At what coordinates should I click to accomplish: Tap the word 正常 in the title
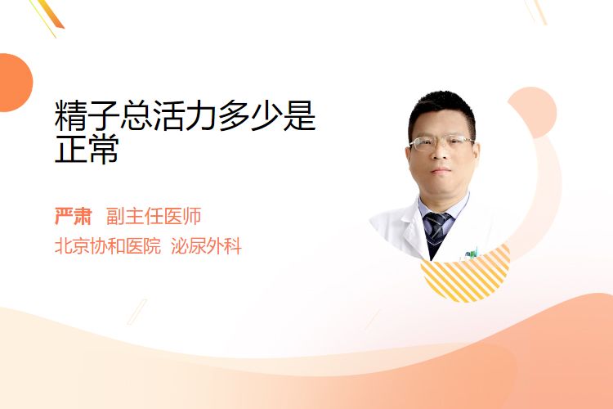[x=87, y=149]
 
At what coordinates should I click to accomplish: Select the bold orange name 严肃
[x=73, y=216]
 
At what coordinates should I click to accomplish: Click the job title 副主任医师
[x=154, y=216]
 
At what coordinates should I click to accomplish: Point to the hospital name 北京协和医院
[x=108, y=246]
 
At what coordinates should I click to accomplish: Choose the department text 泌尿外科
[x=206, y=246]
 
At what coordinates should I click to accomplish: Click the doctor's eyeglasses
[x=441, y=143]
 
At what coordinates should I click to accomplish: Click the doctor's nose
[x=441, y=154]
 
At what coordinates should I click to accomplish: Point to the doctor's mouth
[x=441, y=170]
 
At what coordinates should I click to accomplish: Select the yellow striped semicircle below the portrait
[x=465, y=275]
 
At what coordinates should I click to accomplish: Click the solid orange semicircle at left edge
[x=16, y=83]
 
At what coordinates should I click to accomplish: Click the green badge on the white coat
[x=472, y=254]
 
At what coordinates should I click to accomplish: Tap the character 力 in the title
[x=202, y=115]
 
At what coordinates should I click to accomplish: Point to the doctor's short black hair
[x=441, y=110]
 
